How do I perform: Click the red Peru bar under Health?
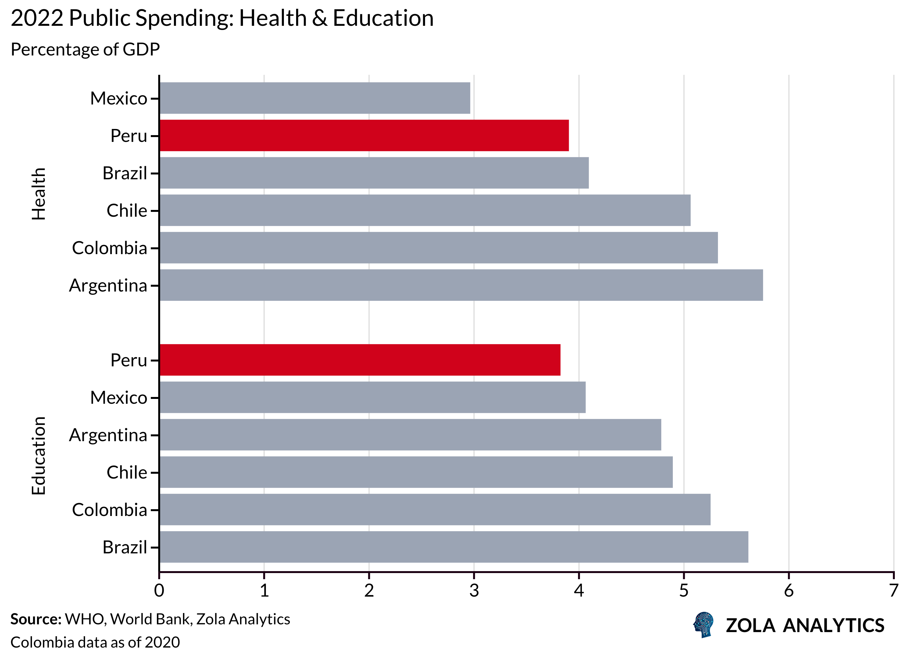[364, 135]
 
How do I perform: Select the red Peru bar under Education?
[360, 360]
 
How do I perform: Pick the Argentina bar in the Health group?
[461, 285]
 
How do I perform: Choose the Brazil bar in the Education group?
[453, 547]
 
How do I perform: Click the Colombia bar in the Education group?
[435, 510]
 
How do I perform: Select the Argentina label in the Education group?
[108, 435]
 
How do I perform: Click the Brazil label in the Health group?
[125, 173]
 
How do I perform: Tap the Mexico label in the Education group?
[119, 398]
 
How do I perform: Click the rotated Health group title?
[39, 194]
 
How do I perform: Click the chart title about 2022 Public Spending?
[222, 18]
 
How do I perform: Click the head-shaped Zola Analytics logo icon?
[703, 625]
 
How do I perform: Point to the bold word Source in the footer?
[35, 619]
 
